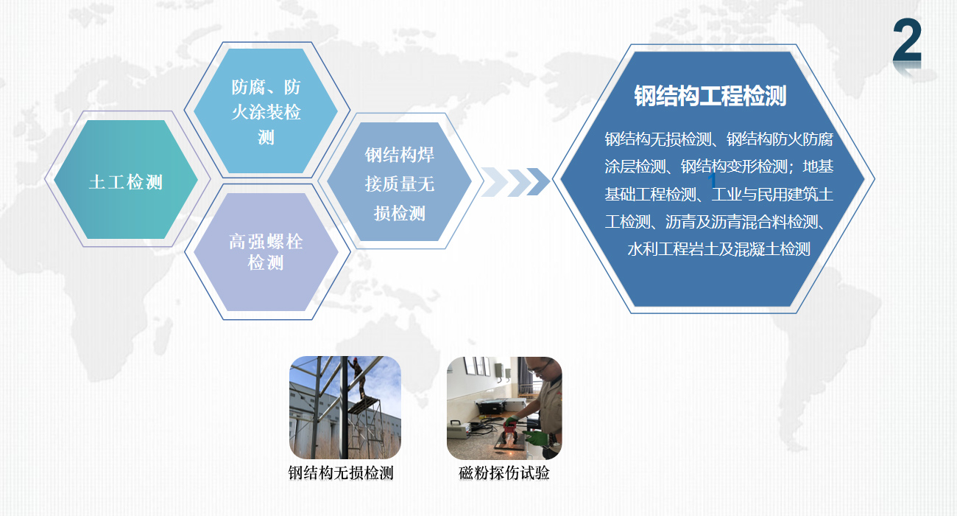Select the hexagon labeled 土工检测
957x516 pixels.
(x=126, y=179)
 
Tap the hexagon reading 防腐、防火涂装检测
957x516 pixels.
(x=266, y=111)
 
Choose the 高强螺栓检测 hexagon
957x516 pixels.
(x=266, y=251)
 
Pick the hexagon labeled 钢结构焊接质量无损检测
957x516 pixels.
(x=399, y=182)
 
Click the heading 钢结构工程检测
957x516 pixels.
(x=710, y=95)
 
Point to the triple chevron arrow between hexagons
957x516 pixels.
(x=515, y=182)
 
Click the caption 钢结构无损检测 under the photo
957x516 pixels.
(x=341, y=473)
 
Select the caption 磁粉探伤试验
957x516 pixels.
(x=504, y=473)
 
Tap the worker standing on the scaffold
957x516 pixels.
(x=356, y=377)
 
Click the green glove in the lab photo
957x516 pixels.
(x=537, y=438)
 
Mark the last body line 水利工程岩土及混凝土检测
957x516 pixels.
(x=718, y=249)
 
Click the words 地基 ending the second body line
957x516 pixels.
(x=818, y=166)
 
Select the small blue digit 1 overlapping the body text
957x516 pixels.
(x=712, y=181)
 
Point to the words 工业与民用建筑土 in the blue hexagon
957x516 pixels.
(x=772, y=195)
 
